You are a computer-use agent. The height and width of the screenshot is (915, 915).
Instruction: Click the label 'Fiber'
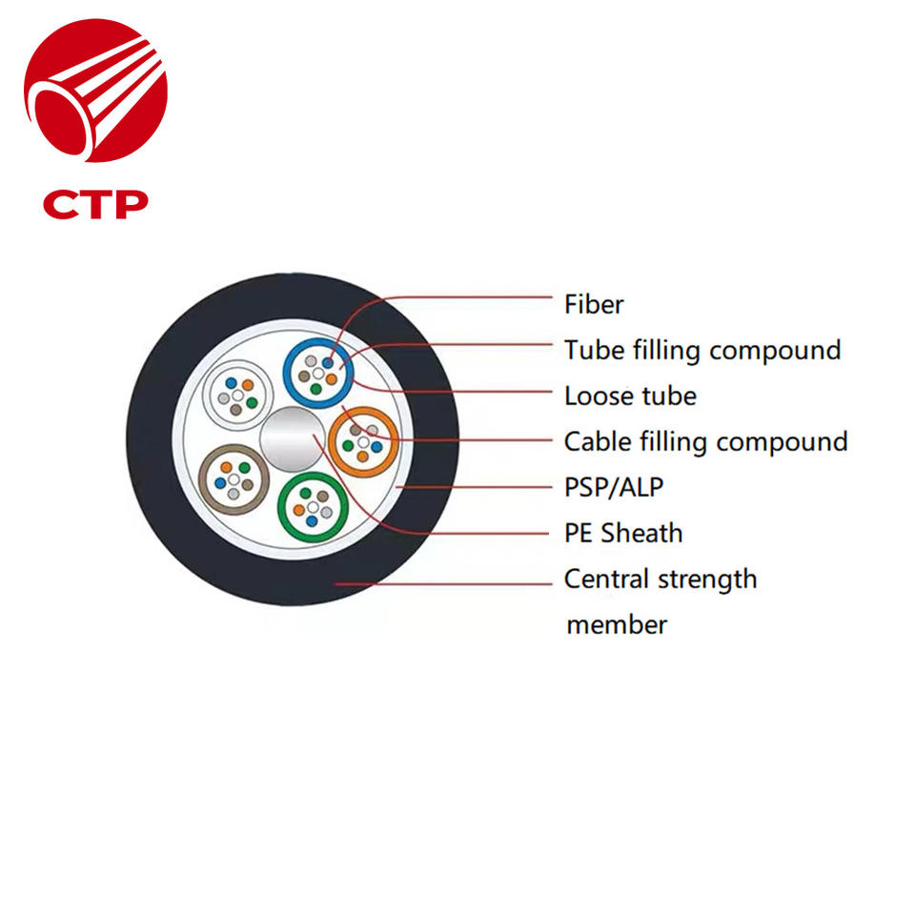pos(593,305)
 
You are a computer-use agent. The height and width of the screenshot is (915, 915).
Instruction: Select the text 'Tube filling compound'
pos(701,351)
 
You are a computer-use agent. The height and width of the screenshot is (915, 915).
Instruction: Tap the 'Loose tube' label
pos(629,396)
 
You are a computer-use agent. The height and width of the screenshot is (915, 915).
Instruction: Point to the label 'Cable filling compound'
pos(705,441)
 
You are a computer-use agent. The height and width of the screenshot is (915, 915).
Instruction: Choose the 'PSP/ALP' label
pos(613,487)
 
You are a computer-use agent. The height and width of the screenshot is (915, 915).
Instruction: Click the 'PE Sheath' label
pos(623,533)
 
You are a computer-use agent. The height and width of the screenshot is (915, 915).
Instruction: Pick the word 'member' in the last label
pos(616,625)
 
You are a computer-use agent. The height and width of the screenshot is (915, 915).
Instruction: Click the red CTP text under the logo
pos(95,203)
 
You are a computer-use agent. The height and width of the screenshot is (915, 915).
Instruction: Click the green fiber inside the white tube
pos(252,403)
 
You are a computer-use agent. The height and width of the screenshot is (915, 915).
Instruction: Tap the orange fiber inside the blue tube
pos(331,379)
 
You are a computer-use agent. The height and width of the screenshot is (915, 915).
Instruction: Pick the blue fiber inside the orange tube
pos(377,446)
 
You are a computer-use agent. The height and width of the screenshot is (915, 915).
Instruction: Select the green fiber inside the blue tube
pos(315,389)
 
